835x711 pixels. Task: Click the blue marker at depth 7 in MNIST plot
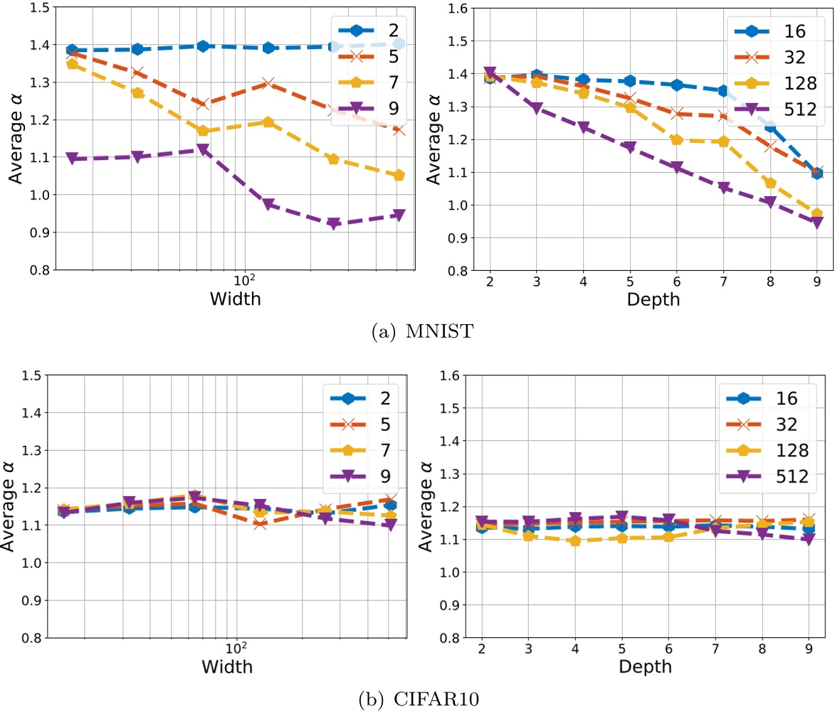723,91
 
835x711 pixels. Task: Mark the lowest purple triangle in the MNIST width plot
332,225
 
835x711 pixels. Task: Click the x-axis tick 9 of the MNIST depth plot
816,282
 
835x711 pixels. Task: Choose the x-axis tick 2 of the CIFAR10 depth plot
482,650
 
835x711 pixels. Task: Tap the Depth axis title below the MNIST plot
653,299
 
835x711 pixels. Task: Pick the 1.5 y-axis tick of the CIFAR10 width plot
29,375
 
